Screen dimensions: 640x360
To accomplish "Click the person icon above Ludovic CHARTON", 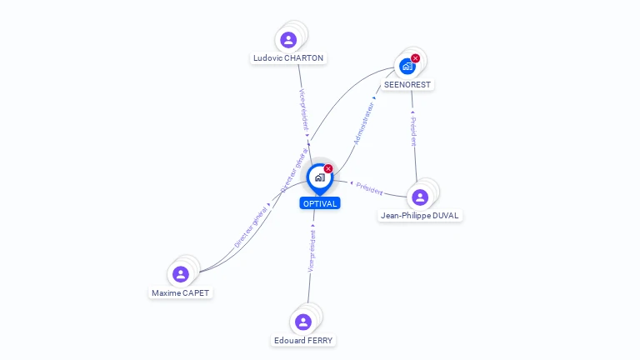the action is click(288, 40).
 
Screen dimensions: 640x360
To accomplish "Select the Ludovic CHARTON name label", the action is click(288, 58).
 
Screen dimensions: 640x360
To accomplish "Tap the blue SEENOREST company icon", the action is click(407, 67).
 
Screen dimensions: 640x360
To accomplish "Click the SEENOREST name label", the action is click(408, 85).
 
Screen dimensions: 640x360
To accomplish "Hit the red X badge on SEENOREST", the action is click(415, 58).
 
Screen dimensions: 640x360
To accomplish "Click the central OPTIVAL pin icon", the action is click(319, 178).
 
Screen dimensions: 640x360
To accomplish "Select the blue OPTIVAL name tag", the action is click(320, 203).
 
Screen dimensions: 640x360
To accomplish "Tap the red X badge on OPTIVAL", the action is click(328, 169).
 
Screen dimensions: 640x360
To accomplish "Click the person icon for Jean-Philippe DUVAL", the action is click(420, 197).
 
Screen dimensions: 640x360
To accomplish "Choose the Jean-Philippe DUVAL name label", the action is click(420, 216).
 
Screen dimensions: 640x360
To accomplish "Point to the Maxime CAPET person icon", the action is click(181, 274).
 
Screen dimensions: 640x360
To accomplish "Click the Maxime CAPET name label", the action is click(181, 293).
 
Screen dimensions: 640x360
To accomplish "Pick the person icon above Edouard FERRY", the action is click(303, 322).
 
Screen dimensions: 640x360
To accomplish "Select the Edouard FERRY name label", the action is click(303, 341).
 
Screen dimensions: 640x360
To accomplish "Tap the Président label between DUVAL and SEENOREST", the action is click(412, 132).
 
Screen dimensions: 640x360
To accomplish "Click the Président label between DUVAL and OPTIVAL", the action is click(369, 188).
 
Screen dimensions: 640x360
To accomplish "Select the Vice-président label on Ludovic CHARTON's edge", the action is click(302, 109).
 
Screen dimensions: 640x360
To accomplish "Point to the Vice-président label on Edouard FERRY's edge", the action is click(312, 252).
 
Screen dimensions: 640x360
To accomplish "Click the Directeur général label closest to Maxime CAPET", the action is click(250, 227).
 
